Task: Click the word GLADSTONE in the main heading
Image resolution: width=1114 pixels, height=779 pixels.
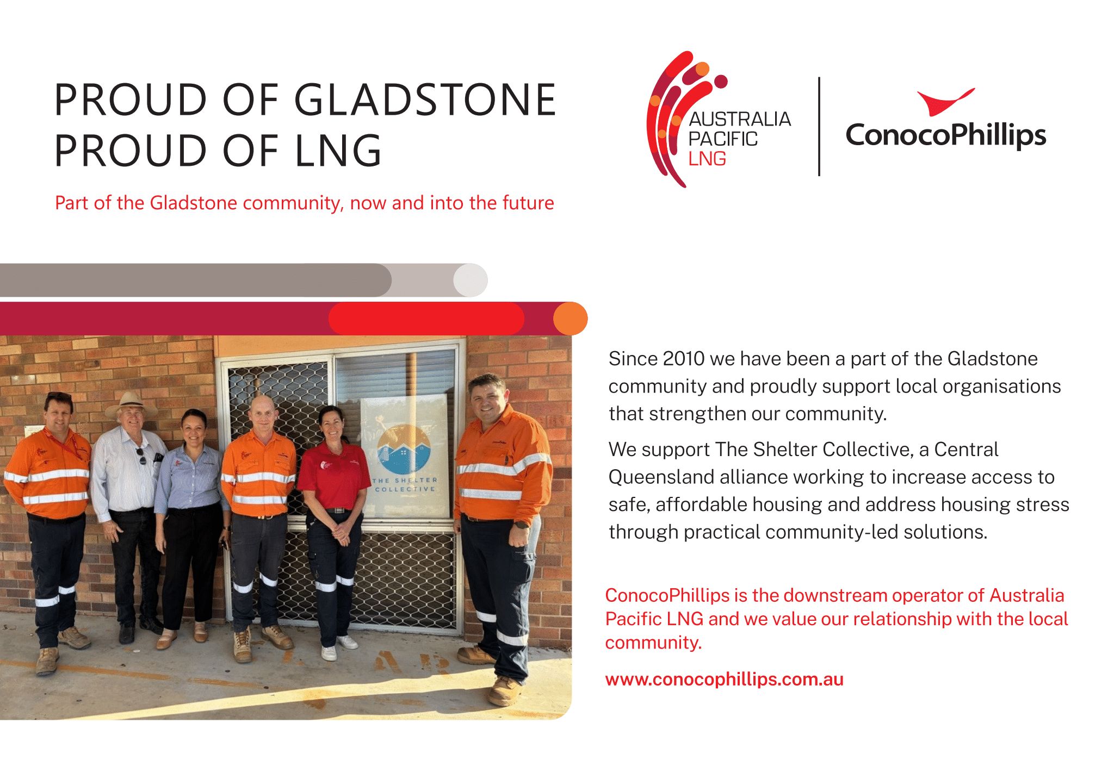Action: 425,100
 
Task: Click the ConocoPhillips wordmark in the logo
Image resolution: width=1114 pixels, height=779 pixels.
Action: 946,135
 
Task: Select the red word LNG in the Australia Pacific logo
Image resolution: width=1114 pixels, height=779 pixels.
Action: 707,159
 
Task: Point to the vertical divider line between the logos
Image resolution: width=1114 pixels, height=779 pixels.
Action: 819,126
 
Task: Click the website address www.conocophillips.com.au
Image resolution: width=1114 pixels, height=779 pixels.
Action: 724,680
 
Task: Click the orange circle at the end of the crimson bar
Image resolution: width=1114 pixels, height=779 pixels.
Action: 571,319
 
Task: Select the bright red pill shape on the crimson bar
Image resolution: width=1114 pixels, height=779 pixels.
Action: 426,319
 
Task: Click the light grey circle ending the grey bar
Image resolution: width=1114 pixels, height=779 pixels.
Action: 471,280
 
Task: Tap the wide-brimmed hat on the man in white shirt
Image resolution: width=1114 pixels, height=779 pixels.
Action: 131,403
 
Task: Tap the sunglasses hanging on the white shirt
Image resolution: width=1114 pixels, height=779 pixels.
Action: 141,456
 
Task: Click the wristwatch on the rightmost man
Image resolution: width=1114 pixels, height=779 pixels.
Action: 521,525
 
